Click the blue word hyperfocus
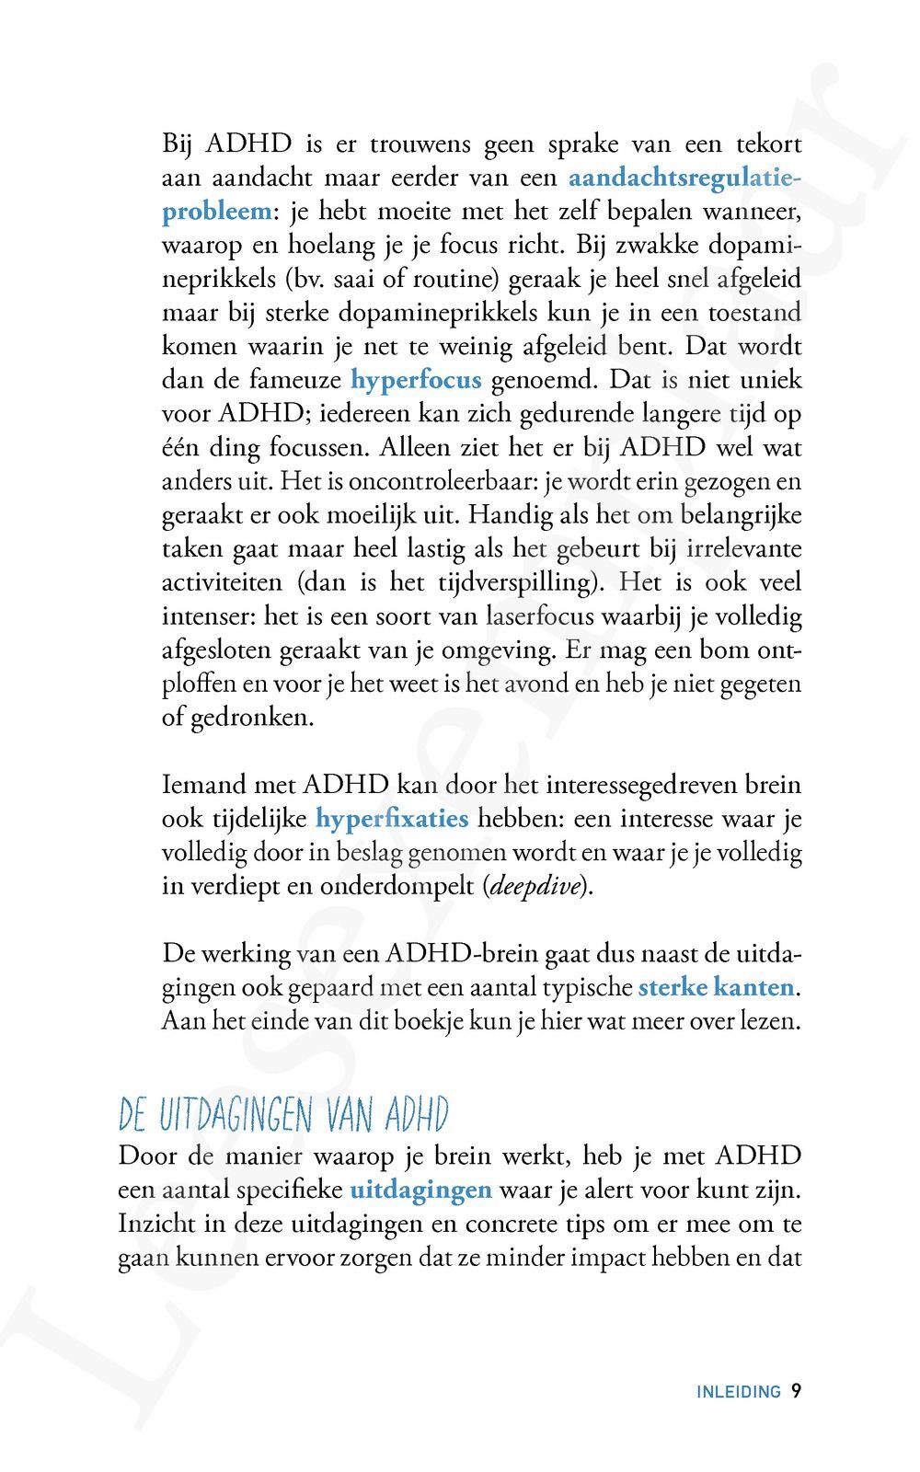click(416, 380)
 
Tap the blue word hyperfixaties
click(392, 818)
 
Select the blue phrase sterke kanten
click(716, 987)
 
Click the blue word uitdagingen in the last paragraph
click(420, 1190)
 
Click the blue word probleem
click(217, 211)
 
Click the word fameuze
click(297, 380)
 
